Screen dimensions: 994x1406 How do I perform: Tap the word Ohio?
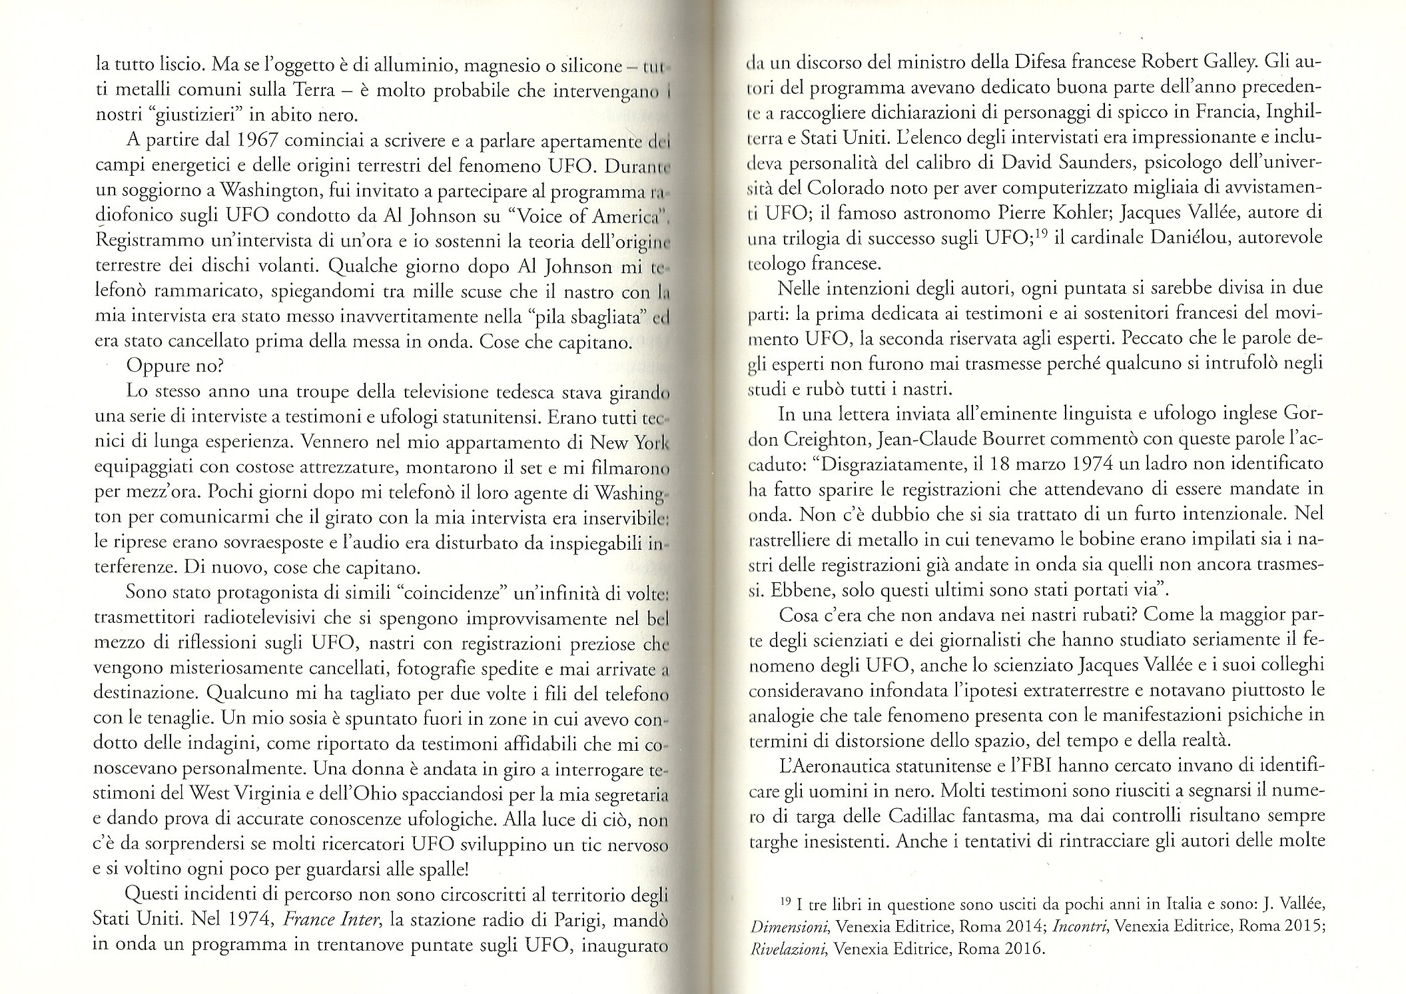(367, 794)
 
